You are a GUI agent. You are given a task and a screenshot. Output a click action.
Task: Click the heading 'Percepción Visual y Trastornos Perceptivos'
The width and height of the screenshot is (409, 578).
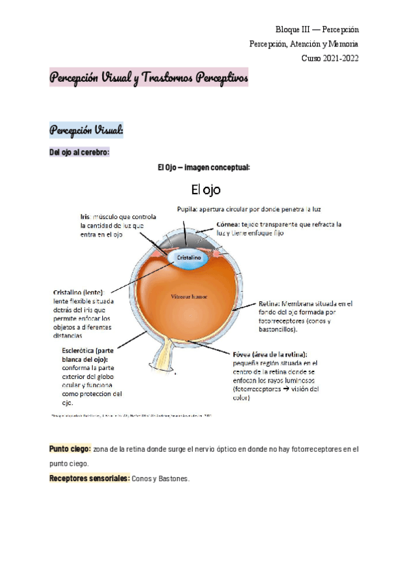coord(149,78)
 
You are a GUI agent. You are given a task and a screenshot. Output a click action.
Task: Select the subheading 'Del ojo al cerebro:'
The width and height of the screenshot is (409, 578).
coord(79,152)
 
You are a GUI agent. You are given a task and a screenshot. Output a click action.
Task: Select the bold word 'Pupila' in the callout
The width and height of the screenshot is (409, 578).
coord(187,209)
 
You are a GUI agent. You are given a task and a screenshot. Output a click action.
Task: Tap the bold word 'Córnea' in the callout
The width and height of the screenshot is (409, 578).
coord(228,224)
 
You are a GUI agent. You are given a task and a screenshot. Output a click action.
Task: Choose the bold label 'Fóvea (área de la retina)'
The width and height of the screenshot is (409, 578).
coord(269,354)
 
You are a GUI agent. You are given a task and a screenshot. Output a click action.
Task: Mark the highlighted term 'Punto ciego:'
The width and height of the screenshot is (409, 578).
coord(70,449)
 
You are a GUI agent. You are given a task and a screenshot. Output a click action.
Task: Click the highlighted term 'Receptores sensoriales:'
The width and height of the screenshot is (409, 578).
coord(89,478)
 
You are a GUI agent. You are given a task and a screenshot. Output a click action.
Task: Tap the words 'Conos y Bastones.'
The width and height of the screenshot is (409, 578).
coord(161,478)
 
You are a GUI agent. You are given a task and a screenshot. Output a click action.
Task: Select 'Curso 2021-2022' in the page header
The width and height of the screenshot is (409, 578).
coord(330,58)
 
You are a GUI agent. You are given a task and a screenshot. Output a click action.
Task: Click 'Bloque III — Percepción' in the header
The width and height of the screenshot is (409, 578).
coord(317,30)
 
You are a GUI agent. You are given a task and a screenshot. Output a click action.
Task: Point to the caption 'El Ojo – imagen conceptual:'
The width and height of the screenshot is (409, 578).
coord(204,168)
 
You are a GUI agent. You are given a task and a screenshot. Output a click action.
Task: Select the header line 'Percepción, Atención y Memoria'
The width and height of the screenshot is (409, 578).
coord(304,44)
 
